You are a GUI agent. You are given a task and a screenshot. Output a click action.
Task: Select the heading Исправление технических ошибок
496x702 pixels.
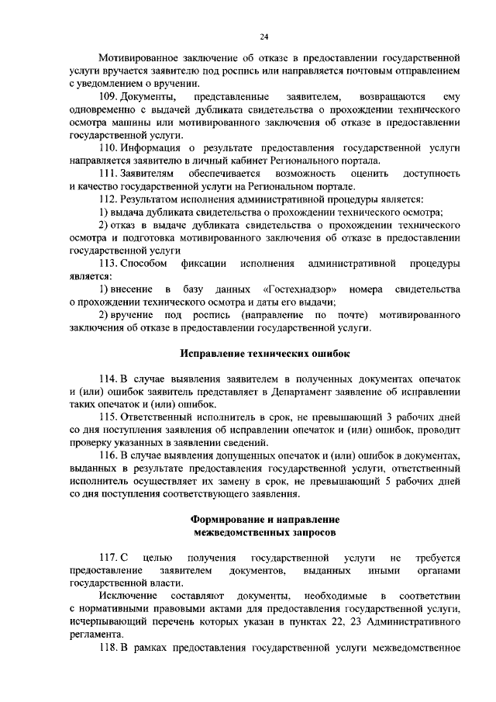pyautogui.click(x=264, y=354)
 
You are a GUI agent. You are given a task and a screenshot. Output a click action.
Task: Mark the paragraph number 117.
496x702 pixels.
pyautogui.click(x=108, y=558)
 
